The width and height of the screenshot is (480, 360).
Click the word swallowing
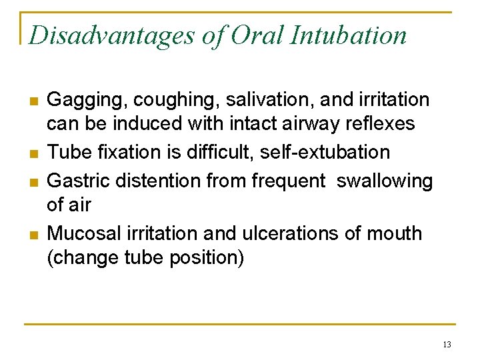(385, 181)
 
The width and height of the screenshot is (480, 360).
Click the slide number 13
(447, 345)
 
